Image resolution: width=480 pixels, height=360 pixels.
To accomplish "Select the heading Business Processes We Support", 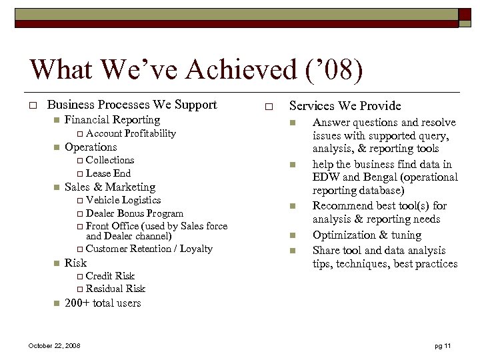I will [132, 105].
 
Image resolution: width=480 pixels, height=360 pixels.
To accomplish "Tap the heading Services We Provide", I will [345, 106].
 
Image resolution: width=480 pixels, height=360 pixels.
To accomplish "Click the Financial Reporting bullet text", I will [112, 120].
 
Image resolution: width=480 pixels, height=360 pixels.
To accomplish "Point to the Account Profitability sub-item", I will [131, 133].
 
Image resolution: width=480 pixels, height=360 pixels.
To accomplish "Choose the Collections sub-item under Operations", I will [110, 160].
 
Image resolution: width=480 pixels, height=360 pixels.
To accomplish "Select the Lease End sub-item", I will [108, 173].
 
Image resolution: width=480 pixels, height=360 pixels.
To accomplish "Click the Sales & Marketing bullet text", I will [110, 187].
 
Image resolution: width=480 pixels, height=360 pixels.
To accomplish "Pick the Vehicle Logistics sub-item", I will [123, 200].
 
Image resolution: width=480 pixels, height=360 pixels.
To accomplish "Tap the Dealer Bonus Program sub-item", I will [135, 213].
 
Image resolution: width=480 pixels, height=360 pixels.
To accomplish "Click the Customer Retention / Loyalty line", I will [149, 249].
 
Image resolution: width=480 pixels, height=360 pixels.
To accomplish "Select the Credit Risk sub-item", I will [110, 276].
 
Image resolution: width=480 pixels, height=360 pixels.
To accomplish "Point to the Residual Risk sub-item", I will [115, 289].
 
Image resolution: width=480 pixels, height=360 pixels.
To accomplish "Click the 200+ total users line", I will [103, 303].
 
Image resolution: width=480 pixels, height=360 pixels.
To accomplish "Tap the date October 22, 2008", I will [54, 345].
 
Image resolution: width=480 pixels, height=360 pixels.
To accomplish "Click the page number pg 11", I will [443, 345].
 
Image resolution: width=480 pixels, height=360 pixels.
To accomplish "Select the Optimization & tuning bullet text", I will [367, 235].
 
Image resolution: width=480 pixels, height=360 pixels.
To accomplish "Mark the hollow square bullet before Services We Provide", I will [268, 107].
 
